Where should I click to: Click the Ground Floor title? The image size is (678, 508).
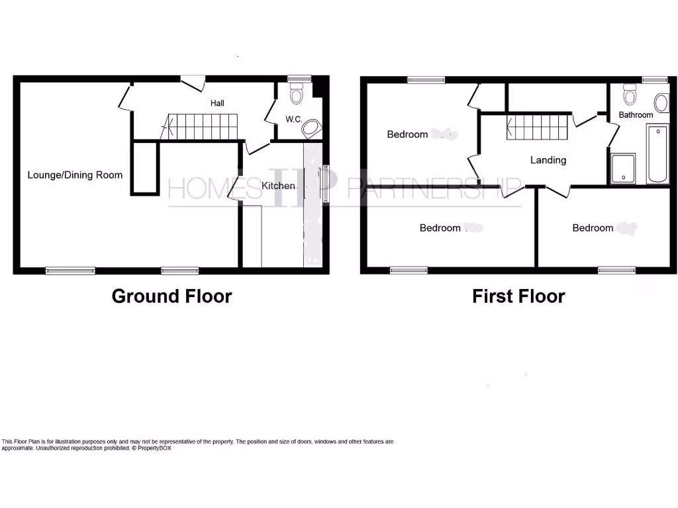[171, 296]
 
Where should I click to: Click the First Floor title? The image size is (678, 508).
[518, 296]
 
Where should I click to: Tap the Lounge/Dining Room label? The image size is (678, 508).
[75, 175]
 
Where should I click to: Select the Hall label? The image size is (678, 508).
[217, 103]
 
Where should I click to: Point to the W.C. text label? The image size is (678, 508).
[294, 120]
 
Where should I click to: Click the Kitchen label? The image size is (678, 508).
[278, 186]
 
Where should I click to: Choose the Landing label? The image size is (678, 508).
[548, 160]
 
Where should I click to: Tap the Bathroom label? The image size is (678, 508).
[636, 115]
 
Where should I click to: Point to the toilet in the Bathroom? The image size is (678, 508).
[629, 96]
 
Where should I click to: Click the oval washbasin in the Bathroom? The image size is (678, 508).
[661, 103]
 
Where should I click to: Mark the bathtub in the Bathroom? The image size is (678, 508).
[657, 153]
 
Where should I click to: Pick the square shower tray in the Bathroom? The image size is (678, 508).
[623, 169]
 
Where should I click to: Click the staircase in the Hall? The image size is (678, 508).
[201, 126]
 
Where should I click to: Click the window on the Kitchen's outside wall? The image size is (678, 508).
[325, 183]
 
